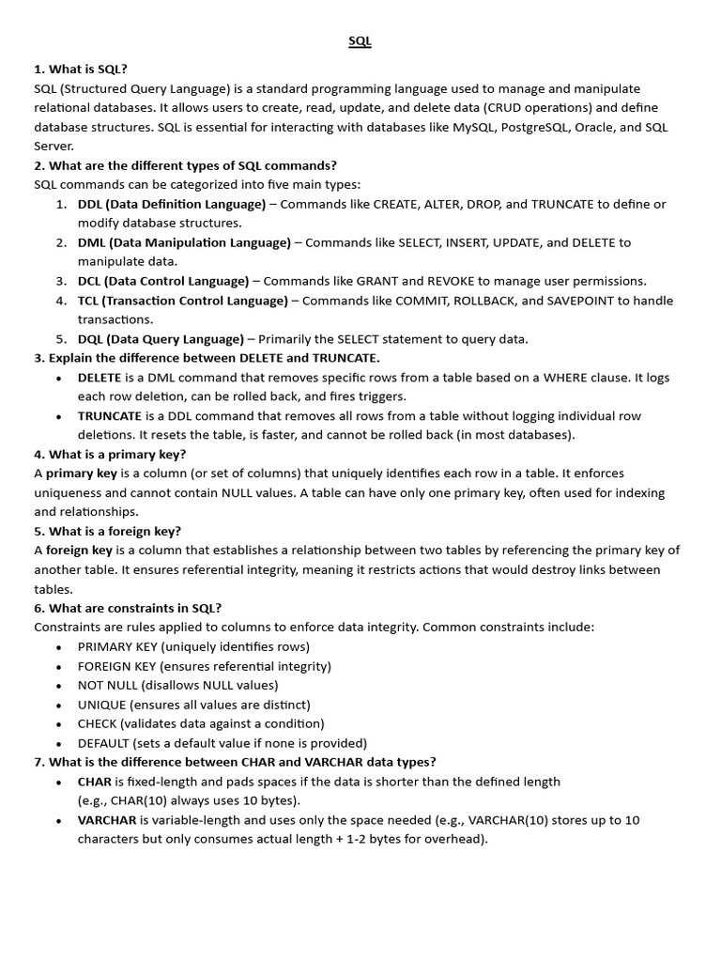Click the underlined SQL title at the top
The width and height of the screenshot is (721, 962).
[360, 41]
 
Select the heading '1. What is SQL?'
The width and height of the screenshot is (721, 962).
[81, 69]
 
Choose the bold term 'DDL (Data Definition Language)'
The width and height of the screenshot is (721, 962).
[172, 204]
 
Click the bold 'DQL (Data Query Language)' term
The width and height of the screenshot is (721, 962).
[161, 339]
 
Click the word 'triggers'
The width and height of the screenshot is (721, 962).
[382, 396]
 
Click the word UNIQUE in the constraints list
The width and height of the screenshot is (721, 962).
[101, 705]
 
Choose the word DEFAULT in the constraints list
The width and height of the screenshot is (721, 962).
[105, 743]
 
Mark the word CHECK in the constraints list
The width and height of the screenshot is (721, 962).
[98, 723]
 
